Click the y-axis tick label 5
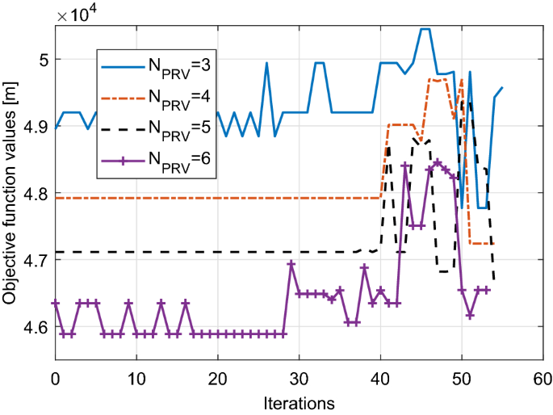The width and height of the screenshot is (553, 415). [40, 60]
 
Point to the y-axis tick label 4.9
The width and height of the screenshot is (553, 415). [33, 127]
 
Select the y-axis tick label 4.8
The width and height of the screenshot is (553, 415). [33, 194]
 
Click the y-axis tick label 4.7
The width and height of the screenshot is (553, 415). [33, 261]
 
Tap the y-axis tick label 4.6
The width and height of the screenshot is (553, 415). [33, 327]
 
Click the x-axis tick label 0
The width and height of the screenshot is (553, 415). [55, 377]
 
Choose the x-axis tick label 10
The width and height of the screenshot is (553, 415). [136, 377]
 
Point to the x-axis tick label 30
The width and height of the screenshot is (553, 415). [299, 377]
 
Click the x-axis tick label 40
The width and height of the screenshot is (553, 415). [380, 377]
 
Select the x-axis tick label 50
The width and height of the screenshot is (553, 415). [462, 377]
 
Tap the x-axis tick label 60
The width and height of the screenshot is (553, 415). [543, 377]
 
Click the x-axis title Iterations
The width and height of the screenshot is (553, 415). [299, 400]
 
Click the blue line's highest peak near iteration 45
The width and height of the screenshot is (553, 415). [425, 29]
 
